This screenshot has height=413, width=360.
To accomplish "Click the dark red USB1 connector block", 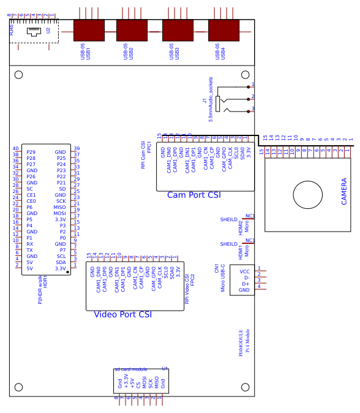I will [x=89, y=31].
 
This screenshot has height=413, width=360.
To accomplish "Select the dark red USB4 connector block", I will [x=223, y=31].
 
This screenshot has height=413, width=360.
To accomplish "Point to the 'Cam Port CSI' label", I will [x=194, y=195].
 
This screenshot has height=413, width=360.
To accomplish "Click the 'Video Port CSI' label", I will [x=122, y=314].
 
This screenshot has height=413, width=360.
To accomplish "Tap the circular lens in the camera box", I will [x=307, y=195].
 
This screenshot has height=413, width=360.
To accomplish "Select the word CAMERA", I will [x=344, y=191].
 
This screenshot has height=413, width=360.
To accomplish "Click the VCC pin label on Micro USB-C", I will [x=244, y=271].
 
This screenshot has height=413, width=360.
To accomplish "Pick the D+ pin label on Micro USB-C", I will [x=246, y=284].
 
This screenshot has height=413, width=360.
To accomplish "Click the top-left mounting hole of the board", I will [x=18, y=75].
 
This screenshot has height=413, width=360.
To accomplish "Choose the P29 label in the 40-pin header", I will [x=31, y=152].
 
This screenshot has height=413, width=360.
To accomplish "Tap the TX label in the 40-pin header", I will [x=29, y=250].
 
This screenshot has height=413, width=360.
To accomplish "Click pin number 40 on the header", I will [x=16, y=148].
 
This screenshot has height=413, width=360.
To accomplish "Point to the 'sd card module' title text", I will [x=131, y=369].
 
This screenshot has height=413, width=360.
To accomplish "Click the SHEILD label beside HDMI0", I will [x=228, y=219].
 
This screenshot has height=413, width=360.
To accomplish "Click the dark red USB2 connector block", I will [x=132, y=31].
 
